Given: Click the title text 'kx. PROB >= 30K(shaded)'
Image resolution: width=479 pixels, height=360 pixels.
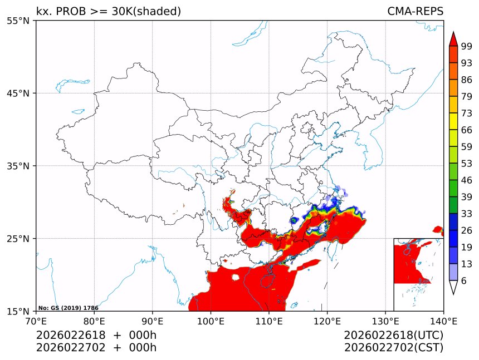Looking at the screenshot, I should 109,12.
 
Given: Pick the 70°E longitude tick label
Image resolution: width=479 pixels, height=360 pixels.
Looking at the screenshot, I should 36,320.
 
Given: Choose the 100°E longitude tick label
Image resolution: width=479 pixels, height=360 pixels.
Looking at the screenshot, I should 211,320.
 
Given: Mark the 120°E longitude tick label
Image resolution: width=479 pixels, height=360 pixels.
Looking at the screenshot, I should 327,320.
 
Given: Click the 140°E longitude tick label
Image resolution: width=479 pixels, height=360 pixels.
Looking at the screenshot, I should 443,320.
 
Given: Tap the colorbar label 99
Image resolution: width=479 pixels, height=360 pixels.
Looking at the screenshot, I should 466,46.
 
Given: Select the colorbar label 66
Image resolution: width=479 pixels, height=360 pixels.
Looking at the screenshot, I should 466,130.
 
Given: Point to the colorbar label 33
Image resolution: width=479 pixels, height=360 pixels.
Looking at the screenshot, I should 466,214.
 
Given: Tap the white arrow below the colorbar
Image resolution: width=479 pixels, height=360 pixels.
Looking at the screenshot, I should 453,287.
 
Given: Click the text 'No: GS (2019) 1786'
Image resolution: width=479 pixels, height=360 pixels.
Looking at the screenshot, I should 68,308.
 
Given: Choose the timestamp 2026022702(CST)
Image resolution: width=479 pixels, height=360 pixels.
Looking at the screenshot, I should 393,348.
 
